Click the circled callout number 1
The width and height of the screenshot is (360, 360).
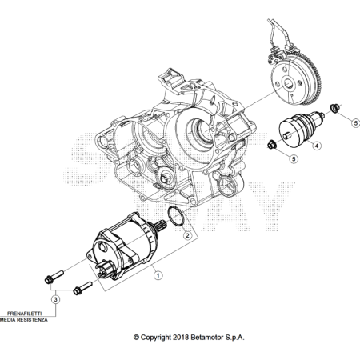tap(158, 275)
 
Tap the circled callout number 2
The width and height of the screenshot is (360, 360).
tap(187, 235)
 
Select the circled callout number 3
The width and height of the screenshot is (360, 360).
tap(55, 299)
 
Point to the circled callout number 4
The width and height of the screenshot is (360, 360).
tap(317, 146)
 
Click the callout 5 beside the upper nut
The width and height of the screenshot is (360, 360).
tap(355, 123)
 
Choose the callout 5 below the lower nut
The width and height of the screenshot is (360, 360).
tap(294, 159)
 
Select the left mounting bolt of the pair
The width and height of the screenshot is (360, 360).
tap(54, 277)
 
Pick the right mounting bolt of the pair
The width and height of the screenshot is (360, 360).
tap(82, 288)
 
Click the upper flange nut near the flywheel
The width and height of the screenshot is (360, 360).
tap(334, 107)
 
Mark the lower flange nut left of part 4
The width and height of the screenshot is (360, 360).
tap(272, 144)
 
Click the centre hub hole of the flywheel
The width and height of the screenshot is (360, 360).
tap(288, 85)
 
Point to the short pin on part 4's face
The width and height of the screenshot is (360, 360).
tap(287, 136)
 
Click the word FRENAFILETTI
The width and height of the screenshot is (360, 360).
tap(24, 314)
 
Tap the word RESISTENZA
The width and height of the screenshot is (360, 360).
tap(32, 320)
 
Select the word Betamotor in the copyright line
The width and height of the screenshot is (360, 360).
tap(207, 338)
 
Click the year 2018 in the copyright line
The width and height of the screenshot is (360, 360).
tap(181, 338)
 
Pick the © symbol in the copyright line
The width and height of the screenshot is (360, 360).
tap(136, 338)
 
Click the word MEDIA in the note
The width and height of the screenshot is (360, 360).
tap(7, 320)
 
